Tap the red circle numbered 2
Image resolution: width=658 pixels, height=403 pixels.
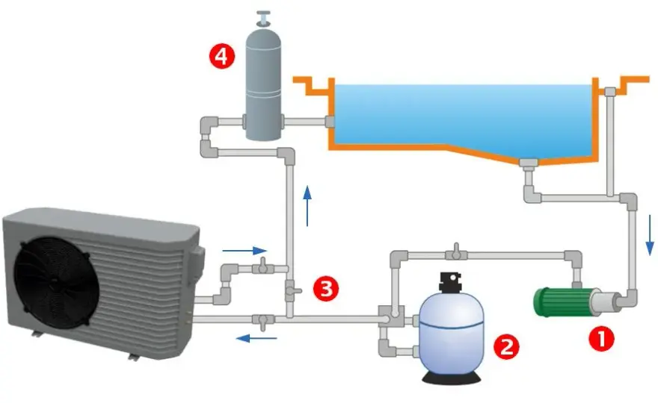point(505,346)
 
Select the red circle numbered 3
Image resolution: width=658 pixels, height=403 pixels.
point(326,288)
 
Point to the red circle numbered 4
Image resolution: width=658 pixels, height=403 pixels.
point(221,56)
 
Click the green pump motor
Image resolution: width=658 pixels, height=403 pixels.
point(562,302)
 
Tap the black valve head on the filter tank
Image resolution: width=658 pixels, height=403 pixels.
point(450,282)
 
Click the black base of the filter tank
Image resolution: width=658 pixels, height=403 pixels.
point(452,378)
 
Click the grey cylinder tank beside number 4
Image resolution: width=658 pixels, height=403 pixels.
point(263,84)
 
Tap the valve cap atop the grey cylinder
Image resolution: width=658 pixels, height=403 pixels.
point(263,19)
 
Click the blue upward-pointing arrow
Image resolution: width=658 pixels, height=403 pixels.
point(307,206)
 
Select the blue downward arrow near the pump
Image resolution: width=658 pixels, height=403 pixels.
point(650,234)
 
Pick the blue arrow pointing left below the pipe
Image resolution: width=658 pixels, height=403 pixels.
point(256,337)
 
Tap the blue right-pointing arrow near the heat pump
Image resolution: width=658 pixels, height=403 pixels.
point(245,251)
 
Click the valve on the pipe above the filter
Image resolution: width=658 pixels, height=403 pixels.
point(456,252)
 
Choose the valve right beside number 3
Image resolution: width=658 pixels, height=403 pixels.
point(292,290)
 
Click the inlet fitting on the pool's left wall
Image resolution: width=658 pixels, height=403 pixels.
point(330,122)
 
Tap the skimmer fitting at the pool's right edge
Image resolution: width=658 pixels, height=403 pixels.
point(609,91)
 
